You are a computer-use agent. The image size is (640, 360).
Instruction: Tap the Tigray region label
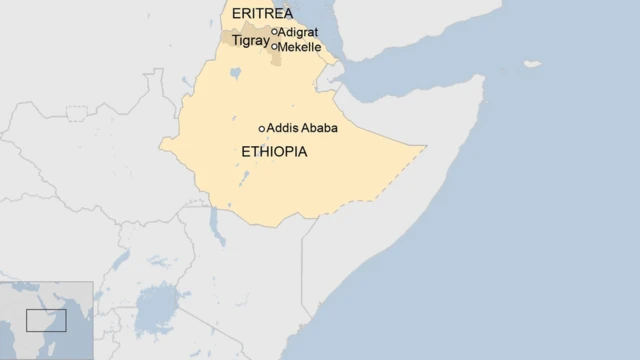[x=250, y=41]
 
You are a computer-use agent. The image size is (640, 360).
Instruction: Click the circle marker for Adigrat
[x=275, y=31]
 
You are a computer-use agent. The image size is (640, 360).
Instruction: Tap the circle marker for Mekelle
[x=275, y=46]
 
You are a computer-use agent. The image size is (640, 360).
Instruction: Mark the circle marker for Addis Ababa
[x=262, y=128]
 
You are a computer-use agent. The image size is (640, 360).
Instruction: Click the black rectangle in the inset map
[x=46, y=321]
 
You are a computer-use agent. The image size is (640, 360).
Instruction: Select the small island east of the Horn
[x=532, y=64]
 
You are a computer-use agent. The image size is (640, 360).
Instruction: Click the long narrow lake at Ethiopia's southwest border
[x=215, y=226]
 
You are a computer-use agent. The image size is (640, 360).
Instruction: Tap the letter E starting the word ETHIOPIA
[x=246, y=152]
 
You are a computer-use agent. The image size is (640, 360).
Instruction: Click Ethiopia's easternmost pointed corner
[x=425, y=148]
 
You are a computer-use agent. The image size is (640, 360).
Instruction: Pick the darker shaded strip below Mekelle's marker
[x=276, y=58]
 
